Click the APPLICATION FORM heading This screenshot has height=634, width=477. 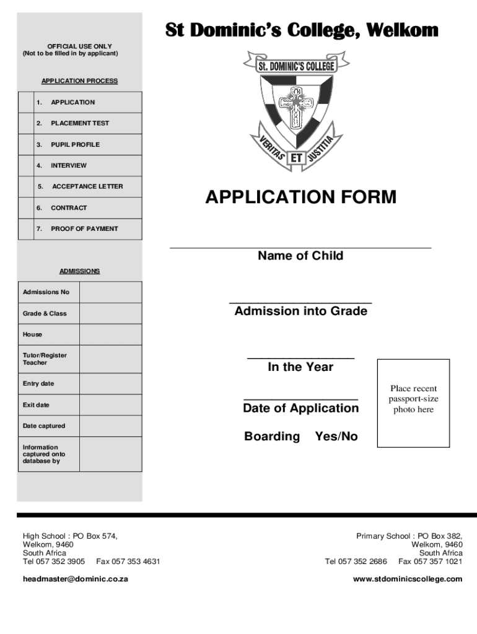tap(300, 198)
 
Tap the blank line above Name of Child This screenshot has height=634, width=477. tap(300, 247)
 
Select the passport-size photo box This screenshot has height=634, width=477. tap(413, 402)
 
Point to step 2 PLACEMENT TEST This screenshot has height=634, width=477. tap(80, 123)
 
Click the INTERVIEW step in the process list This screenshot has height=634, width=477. tap(69, 165)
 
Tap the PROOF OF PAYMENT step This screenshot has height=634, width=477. tap(84, 228)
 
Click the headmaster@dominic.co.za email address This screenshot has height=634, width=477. tap(76, 579)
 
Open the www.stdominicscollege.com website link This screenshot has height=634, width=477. tap(408, 579)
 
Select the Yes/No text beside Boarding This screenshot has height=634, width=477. tap(336, 436)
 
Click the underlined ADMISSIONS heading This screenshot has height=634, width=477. tap(79, 271)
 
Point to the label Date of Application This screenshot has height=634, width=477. tap(300, 408)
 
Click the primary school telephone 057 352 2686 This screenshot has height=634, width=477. tap(365, 562)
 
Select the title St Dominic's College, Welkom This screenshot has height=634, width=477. tap(301, 30)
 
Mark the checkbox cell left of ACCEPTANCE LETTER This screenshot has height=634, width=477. tap(26, 186)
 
